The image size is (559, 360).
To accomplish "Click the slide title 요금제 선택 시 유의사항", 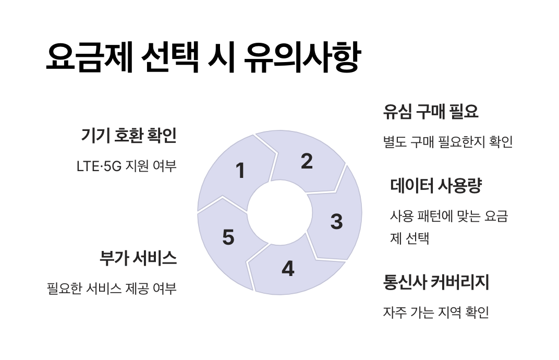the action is (x=202, y=58).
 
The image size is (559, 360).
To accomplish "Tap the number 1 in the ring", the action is (x=240, y=171).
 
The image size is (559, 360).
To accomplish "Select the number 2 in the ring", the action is (x=307, y=161).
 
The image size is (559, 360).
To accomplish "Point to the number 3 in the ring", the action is (x=337, y=222).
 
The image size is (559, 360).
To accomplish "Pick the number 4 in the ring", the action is (x=288, y=269).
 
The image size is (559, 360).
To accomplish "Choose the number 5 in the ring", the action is (x=228, y=237).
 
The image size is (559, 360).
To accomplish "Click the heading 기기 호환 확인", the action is (x=129, y=136).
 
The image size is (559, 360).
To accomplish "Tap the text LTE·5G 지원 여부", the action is (x=127, y=166).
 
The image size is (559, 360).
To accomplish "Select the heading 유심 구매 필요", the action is (x=431, y=112).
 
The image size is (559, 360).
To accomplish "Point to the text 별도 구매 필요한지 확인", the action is (x=448, y=142).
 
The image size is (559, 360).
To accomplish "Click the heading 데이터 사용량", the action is (x=436, y=186).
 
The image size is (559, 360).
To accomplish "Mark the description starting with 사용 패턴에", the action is (x=449, y=227).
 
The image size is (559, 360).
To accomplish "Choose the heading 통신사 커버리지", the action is (x=436, y=283).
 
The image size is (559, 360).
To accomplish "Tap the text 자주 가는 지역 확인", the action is (x=436, y=313).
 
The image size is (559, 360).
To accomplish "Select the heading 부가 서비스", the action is (x=138, y=258).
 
